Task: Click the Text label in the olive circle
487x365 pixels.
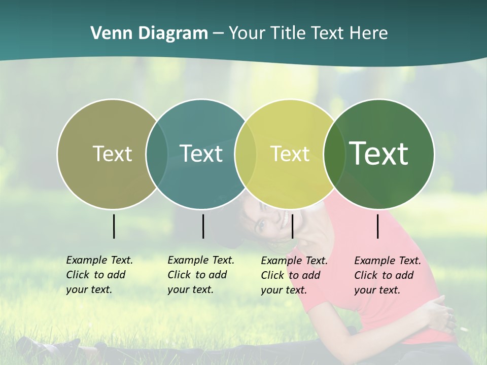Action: pos(112,154)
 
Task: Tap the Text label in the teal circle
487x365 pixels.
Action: pos(201,154)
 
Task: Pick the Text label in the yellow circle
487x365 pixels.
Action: pos(290,154)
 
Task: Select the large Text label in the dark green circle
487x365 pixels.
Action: pos(379,154)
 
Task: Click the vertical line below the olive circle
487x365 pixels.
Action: pos(114,226)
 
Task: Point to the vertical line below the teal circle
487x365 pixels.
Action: pos(203,226)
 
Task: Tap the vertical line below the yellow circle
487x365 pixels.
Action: pos(292,226)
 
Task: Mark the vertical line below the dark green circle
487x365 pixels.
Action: pos(378,226)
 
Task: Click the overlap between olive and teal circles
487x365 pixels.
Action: pos(157,154)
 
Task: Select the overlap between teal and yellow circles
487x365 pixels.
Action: pos(246,154)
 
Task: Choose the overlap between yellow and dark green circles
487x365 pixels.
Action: pos(332,154)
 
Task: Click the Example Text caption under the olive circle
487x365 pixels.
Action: pos(99,275)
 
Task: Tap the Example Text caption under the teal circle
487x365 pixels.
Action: pos(200,275)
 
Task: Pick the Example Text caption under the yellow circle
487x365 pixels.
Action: pos(294,275)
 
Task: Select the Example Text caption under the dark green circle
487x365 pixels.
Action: pos(387,275)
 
